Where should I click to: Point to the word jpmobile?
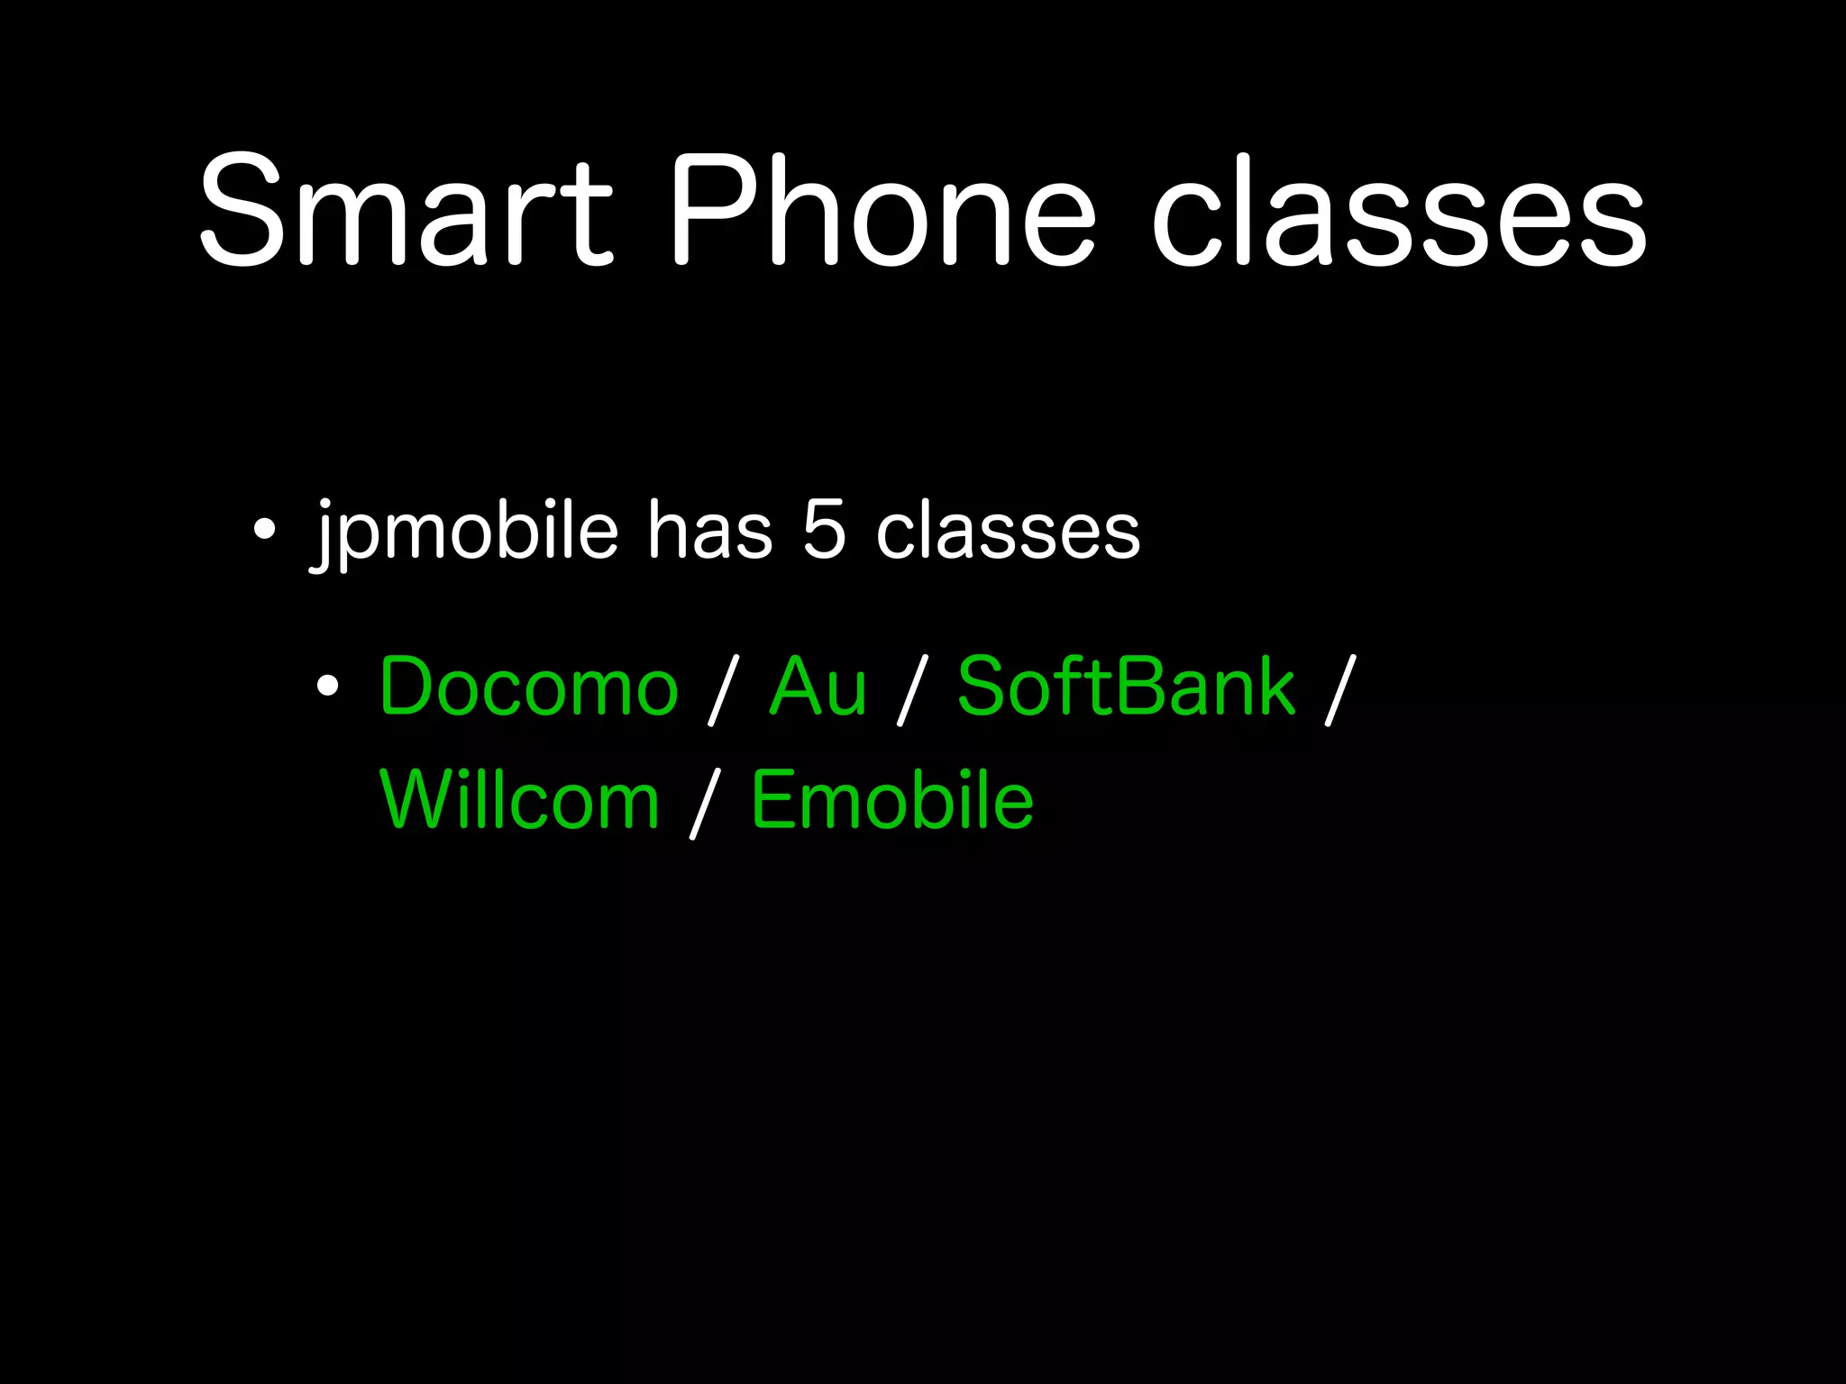(464, 533)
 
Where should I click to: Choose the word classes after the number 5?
(1008, 533)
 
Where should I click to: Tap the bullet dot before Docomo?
(327, 687)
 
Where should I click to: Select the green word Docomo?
(528, 687)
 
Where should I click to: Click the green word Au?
(818, 687)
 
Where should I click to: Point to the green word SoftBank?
(1126, 687)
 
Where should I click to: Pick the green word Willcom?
(520, 800)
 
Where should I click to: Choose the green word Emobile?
(892, 800)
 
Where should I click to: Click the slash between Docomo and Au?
(723, 689)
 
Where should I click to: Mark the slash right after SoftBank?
(1339, 689)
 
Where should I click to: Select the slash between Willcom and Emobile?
(705, 804)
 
